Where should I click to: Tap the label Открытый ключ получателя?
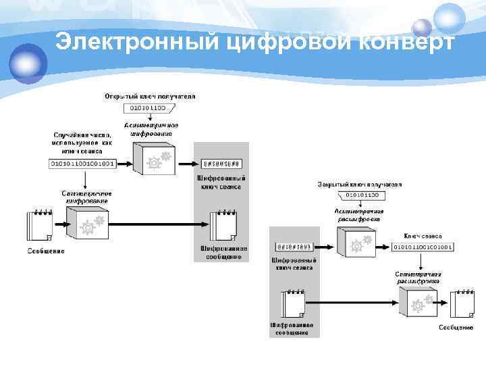[x=150, y=97]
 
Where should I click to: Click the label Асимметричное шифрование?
[x=151, y=130]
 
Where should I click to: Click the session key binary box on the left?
[x=83, y=164]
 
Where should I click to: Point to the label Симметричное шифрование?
[x=86, y=197]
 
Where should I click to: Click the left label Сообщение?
[x=46, y=252]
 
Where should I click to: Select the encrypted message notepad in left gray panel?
[x=222, y=224]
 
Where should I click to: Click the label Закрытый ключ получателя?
[x=360, y=184]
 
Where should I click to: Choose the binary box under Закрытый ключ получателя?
[x=362, y=195]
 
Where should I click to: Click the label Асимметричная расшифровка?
[x=358, y=215]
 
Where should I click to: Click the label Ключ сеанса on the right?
[x=423, y=236]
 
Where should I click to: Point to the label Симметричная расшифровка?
[x=418, y=277]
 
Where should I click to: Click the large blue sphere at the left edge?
[x=27, y=62]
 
